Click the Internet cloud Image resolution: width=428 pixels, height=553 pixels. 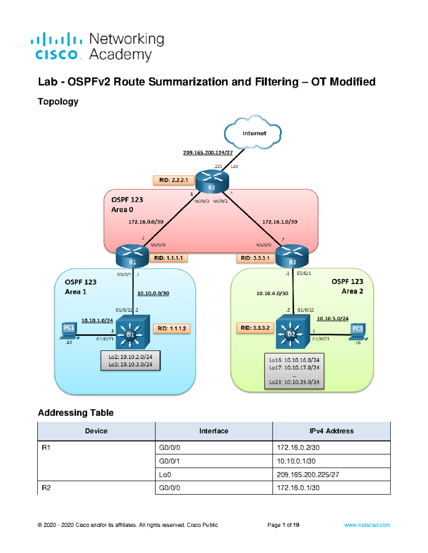253,132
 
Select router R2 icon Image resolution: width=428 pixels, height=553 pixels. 212,182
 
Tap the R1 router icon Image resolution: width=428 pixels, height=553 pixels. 132,256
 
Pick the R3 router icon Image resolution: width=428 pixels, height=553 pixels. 292,256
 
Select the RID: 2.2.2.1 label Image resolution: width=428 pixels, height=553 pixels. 173,180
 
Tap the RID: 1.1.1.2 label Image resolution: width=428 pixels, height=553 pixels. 172,328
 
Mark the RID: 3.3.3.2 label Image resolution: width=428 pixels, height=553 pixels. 255,328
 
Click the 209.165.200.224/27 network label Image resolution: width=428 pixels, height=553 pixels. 208,152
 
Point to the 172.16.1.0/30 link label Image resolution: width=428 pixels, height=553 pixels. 280,222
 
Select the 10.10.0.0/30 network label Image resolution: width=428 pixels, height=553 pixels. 153,293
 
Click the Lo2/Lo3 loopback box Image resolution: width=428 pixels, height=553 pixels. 131,360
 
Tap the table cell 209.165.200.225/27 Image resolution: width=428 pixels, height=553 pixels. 308,475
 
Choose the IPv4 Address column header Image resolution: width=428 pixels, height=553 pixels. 331,431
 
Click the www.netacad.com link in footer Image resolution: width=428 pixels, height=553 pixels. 367,525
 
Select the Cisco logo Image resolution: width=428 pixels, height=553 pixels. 56,46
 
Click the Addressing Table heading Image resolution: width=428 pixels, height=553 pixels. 76,413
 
